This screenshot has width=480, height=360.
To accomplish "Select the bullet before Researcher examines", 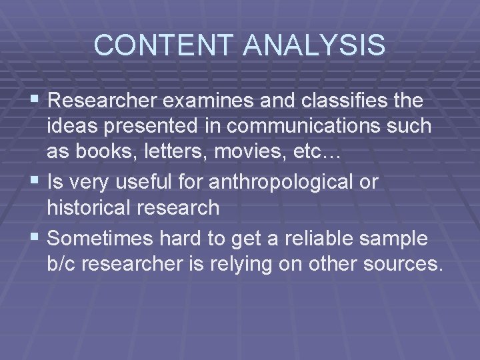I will (37, 101).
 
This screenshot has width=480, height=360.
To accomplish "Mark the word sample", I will (394, 238).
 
